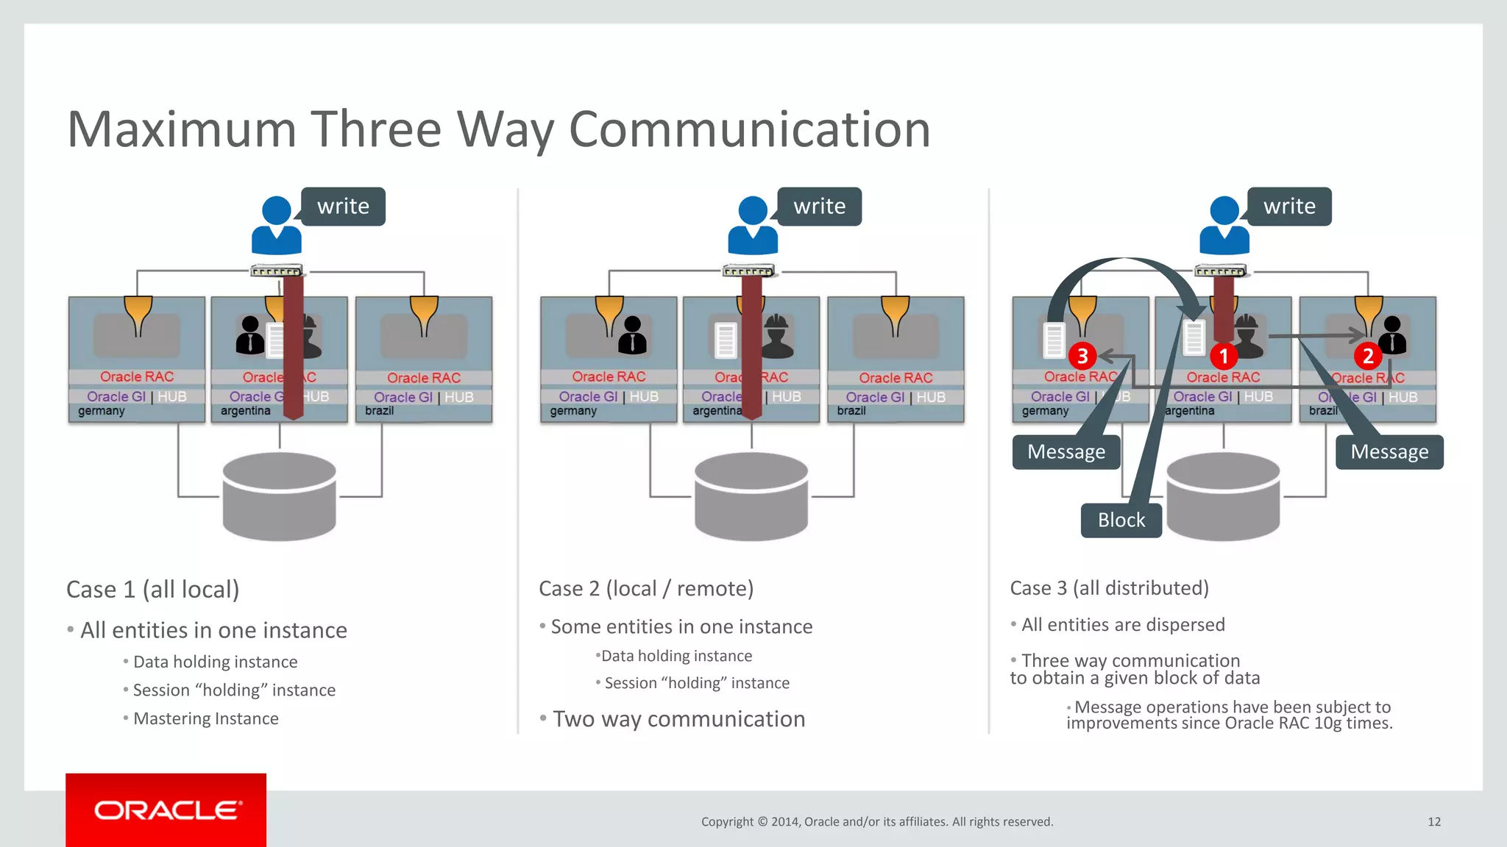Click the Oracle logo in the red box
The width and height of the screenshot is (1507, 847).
(x=167, y=810)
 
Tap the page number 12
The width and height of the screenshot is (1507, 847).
(x=1434, y=821)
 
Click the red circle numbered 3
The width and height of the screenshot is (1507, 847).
(x=1082, y=357)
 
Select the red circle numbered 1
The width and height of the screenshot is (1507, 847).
(x=1223, y=357)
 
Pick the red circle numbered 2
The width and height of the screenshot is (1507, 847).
(x=1367, y=357)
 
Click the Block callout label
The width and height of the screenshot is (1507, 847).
(x=1121, y=520)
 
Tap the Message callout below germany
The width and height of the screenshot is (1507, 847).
(x=1066, y=451)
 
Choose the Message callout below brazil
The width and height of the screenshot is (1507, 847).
(x=1389, y=451)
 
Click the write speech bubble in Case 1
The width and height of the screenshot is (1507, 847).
(x=343, y=207)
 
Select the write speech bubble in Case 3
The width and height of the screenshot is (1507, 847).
(x=1289, y=207)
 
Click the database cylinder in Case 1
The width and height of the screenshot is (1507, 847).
(x=280, y=496)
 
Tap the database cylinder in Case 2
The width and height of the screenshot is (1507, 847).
(x=751, y=496)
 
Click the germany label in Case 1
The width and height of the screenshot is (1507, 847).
(x=102, y=411)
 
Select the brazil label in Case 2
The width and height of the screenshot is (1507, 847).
(x=851, y=411)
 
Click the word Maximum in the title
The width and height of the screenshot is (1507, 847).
(x=182, y=129)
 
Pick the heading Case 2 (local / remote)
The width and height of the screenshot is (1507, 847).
(x=646, y=588)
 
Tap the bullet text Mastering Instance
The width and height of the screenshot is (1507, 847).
(x=206, y=718)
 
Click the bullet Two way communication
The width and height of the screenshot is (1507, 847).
(x=678, y=718)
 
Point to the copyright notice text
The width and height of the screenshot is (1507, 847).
(x=877, y=821)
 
